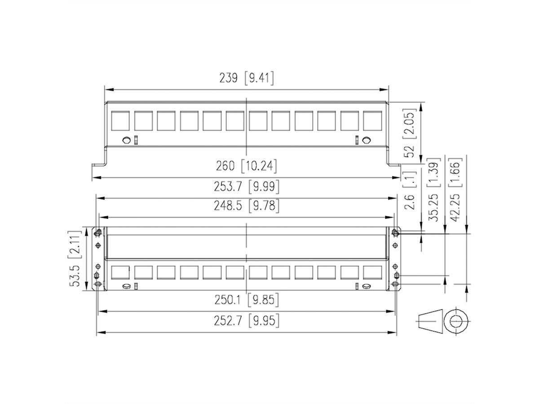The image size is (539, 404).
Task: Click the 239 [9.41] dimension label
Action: (x=247, y=78)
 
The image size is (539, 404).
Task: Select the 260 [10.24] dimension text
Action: (x=247, y=167)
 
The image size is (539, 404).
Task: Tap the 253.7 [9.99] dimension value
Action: (x=247, y=185)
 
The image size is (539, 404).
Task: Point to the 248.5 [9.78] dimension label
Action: (x=247, y=206)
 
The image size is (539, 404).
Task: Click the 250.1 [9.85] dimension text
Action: (x=247, y=299)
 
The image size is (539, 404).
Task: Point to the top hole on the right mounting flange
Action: (x=395, y=233)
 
